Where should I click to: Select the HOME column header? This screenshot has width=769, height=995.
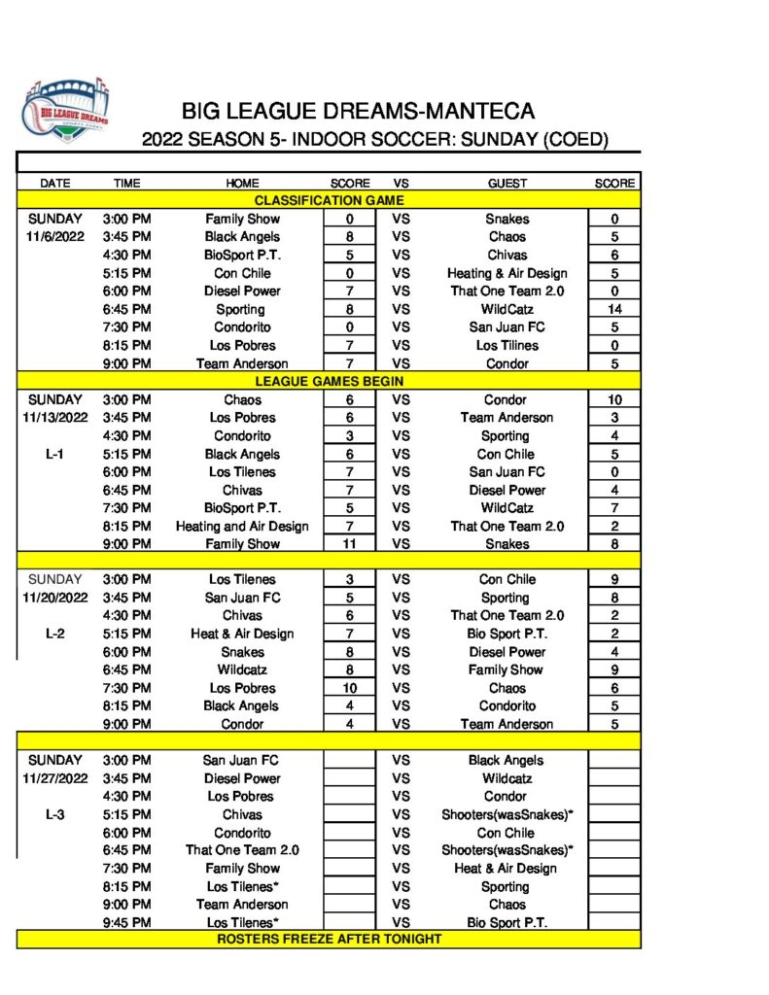click(242, 183)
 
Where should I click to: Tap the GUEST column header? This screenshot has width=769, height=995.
click(507, 183)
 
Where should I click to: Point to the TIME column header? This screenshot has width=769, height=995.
click(126, 183)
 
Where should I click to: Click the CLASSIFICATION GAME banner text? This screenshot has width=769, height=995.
click(329, 200)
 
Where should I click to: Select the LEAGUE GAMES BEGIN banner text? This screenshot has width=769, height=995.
click(329, 381)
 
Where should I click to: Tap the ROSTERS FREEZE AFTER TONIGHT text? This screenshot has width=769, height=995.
click(329, 940)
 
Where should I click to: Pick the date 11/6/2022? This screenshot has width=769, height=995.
click(54, 236)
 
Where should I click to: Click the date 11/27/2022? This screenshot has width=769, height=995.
click(54, 778)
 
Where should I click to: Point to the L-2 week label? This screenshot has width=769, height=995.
click(54, 634)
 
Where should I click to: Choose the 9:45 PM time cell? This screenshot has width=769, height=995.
click(126, 922)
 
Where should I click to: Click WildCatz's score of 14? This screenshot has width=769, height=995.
click(614, 309)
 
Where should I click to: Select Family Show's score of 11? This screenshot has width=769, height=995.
click(348, 544)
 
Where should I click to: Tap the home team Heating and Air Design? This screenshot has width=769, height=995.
click(242, 526)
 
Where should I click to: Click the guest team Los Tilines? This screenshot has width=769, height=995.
click(507, 345)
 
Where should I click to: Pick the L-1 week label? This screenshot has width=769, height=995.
click(54, 454)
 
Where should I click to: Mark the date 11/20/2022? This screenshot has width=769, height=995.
click(54, 598)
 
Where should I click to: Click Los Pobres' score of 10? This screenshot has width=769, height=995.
click(348, 688)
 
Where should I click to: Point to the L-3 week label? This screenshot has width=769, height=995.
click(54, 814)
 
